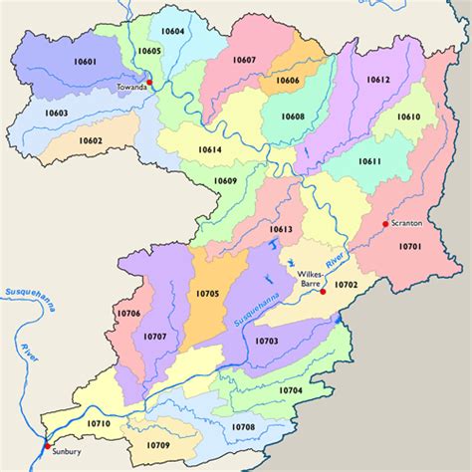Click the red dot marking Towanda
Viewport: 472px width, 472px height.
(148, 82)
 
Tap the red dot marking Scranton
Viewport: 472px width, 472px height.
(384, 225)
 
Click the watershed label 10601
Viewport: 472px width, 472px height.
(85, 62)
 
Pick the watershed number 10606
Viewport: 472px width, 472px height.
(287, 80)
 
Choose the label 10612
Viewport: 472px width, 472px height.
(377, 79)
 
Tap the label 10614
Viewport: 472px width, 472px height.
(210, 148)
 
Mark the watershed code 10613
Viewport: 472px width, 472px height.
(281, 229)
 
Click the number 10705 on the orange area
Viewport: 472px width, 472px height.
(207, 294)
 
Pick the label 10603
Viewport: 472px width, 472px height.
(56, 114)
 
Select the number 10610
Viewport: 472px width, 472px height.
(408, 117)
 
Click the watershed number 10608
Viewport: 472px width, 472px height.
(292, 117)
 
